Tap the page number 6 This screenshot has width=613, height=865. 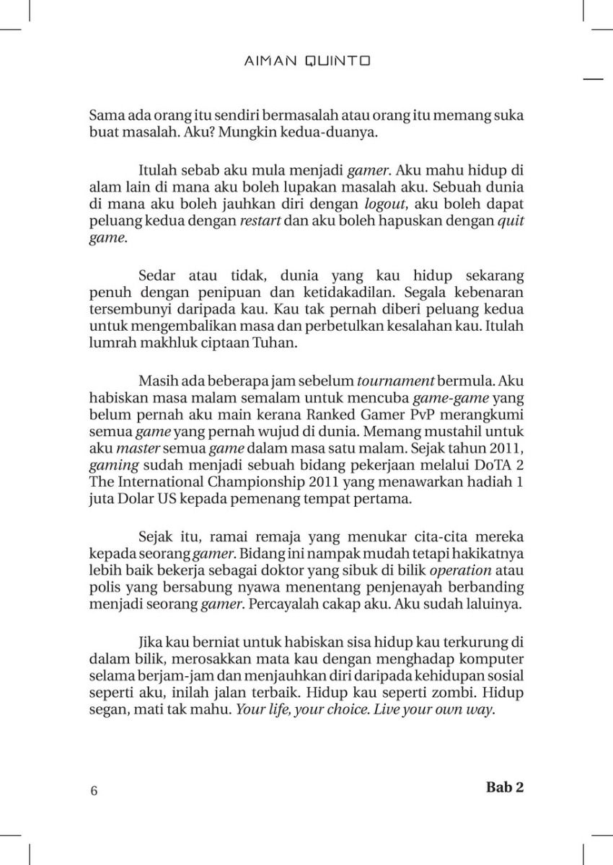point(94,791)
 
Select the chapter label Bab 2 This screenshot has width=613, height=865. point(505,787)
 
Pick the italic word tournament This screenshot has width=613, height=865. point(396,380)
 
